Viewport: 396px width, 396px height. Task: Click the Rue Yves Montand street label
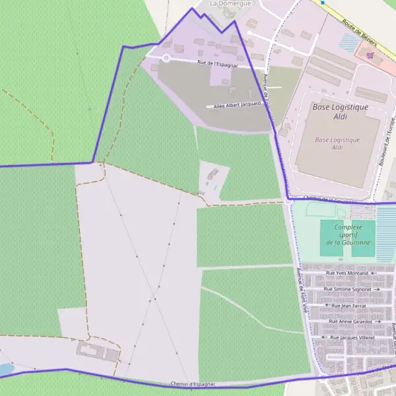click(x=347, y=273)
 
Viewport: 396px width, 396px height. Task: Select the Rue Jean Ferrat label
click(x=347, y=306)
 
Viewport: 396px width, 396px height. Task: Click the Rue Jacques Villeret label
click(x=352, y=337)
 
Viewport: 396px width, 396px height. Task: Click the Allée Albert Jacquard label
click(x=237, y=104)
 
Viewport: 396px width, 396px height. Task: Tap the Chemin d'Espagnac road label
click(x=193, y=384)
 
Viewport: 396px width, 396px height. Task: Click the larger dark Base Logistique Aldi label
click(x=340, y=112)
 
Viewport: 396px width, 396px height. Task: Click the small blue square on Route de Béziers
click(x=323, y=3)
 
